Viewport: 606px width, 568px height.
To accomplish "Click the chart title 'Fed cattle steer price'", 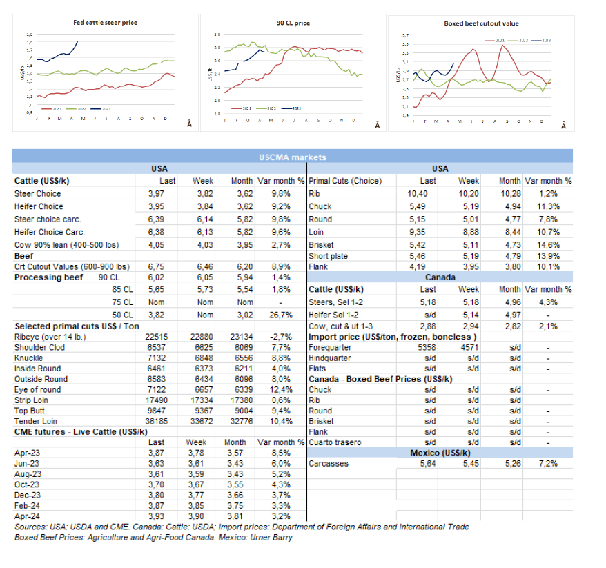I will pyautogui.click(x=106, y=23).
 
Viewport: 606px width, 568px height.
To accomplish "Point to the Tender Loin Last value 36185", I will pyautogui.click(x=153, y=420).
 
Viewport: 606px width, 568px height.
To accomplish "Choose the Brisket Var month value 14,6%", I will pyautogui.click(x=558, y=244).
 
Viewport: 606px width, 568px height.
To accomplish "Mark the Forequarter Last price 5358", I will pyautogui.click(x=427, y=347).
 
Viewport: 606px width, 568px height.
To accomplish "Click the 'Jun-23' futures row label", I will pyautogui.click(x=28, y=464).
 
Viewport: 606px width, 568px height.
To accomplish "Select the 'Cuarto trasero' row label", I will pyautogui.click(x=335, y=442).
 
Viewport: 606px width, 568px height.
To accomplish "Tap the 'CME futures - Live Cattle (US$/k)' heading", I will pyautogui.click(x=81, y=431).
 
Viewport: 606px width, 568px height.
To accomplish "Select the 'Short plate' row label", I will pyautogui.click(x=328, y=256).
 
